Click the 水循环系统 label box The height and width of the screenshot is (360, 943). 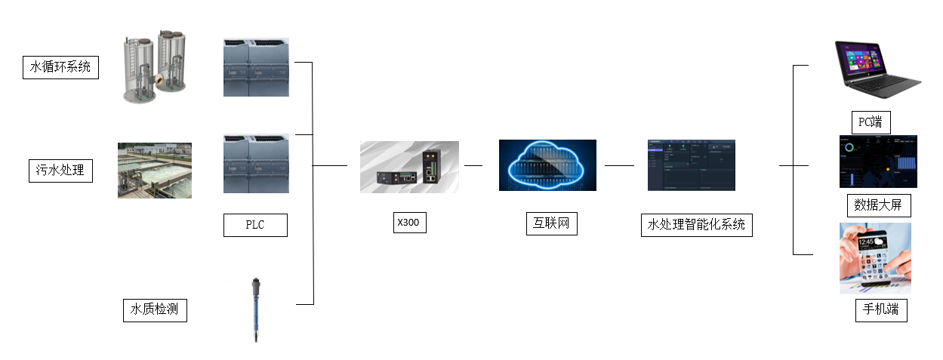click(60, 67)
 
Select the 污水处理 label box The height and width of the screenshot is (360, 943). click(60, 171)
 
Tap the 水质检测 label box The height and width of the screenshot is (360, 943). click(155, 310)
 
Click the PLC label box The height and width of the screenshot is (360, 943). click(255, 225)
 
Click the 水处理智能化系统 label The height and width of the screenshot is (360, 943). click(696, 225)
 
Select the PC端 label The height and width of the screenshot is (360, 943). click(871, 122)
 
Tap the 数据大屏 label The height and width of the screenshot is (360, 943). click(878, 205)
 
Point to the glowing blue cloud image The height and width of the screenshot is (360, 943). click(547, 165)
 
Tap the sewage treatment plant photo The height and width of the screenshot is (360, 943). click(155, 171)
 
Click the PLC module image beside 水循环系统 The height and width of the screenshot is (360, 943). click(256, 67)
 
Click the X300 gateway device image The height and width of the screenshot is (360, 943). click(409, 165)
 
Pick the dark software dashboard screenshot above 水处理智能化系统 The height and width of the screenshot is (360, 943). click(691, 165)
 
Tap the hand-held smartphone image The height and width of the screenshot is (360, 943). click(875, 257)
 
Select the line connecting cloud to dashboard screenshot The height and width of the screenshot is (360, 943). click(619, 165)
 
